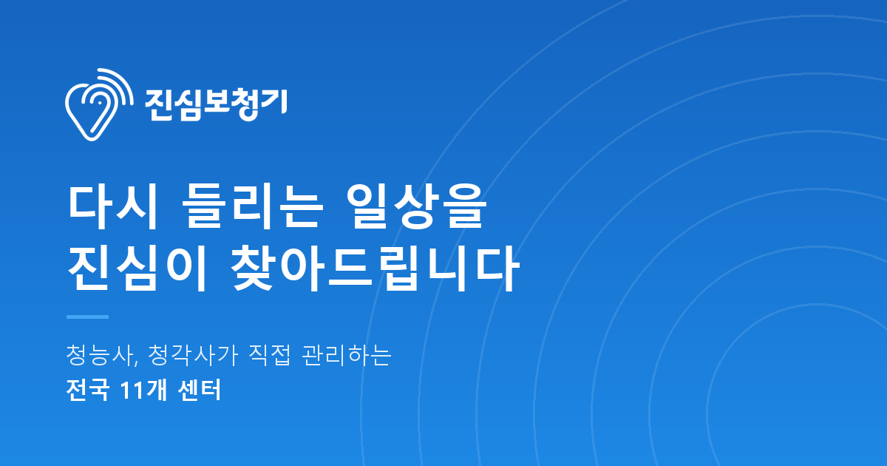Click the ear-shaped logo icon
coord(99,104)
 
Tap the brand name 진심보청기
coord(216,104)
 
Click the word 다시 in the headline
coord(114,206)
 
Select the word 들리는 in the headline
coord(252,206)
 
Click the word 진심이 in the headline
coord(137,269)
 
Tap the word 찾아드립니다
coord(375,269)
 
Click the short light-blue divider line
coord(87,317)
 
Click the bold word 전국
coord(87,391)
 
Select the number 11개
coord(143,391)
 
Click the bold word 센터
coord(199,391)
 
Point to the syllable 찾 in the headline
coord(254,269)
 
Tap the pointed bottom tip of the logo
coord(92,140)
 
